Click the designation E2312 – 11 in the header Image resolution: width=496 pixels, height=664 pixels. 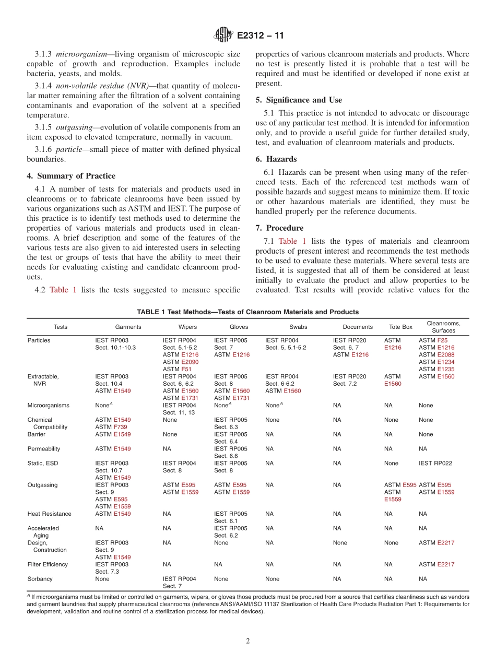(261, 36)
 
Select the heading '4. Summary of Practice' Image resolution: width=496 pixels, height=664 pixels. (71, 176)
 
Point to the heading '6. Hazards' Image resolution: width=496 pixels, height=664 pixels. (276, 159)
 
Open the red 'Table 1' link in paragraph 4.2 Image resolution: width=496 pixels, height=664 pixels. (63, 290)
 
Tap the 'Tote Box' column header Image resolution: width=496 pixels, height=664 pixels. (400, 327)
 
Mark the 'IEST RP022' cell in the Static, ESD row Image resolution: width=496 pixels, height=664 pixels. (435, 463)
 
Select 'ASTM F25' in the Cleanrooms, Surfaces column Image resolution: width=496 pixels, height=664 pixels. (433, 340)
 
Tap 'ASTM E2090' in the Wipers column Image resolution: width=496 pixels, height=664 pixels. (181, 362)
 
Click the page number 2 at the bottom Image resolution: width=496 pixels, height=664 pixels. (248, 641)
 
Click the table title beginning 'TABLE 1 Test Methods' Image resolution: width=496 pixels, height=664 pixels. (247, 312)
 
